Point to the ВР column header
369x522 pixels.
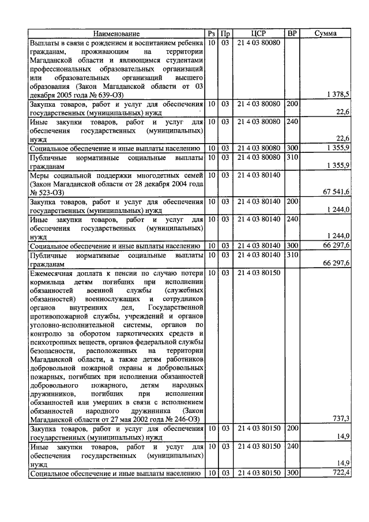pos(292,33)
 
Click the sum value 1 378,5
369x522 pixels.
pos(338,93)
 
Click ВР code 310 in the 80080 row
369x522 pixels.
pos(292,157)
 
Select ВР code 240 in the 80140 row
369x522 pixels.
pos(292,220)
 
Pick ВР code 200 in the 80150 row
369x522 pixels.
pos(292,429)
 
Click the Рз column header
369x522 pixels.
pos(211,33)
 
